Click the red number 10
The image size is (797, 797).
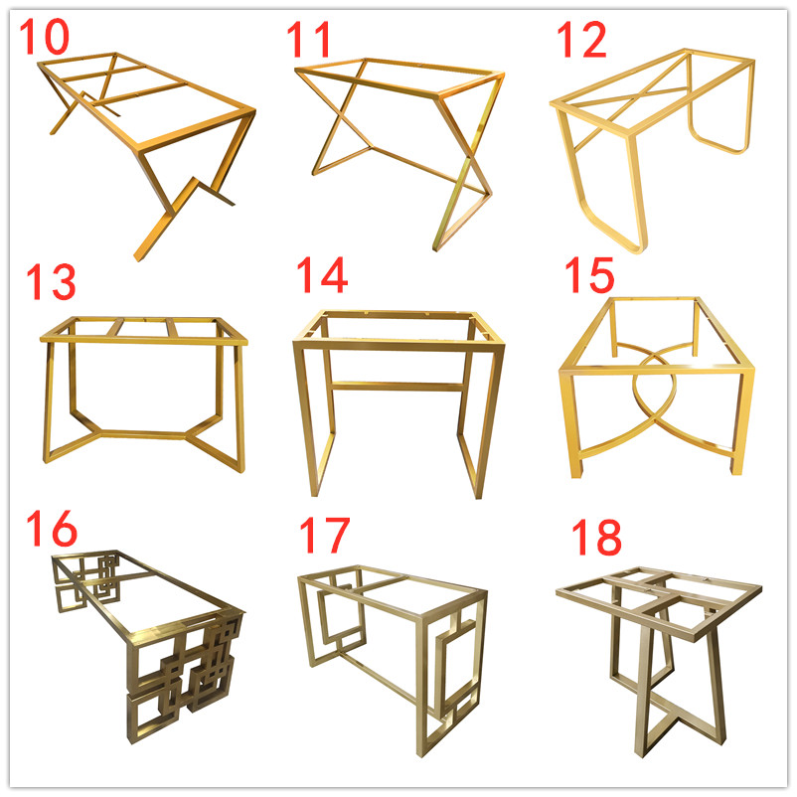click(44, 36)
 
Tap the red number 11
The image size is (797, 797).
click(309, 39)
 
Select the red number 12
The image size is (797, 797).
click(582, 39)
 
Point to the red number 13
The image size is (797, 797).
click(51, 281)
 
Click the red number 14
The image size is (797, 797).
click(322, 274)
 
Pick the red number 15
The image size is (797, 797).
click(589, 274)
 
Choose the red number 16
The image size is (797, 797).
click(52, 528)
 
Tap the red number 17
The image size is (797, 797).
click(325, 535)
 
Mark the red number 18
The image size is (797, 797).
click(596, 537)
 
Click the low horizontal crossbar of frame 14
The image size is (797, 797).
click(397, 387)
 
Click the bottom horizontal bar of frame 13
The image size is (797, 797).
click(143, 434)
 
